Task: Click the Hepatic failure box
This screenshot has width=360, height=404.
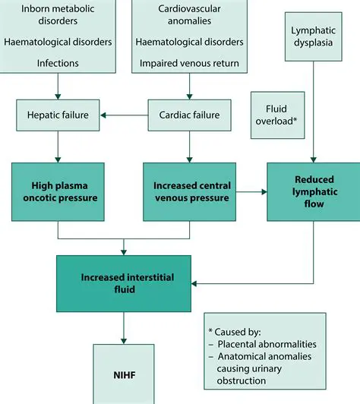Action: (59, 115)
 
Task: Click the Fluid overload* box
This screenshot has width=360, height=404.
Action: (277, 115)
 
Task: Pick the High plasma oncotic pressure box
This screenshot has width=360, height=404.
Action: (59, 191)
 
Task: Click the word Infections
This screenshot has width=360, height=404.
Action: (59, 63)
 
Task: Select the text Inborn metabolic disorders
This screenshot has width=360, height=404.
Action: (59, 14)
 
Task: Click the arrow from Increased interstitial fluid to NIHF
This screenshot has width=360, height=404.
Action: (124, 326)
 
